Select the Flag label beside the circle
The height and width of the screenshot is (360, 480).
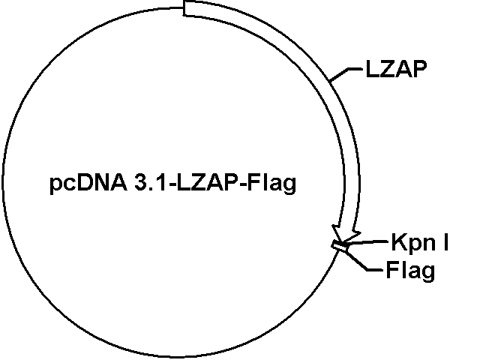click(x=411, y=270)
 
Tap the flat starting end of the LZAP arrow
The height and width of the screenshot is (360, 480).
click(x=186, y=8)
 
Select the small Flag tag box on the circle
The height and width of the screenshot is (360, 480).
click(x=340, y=245)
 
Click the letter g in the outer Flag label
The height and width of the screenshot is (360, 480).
click(x=428, y=271)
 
